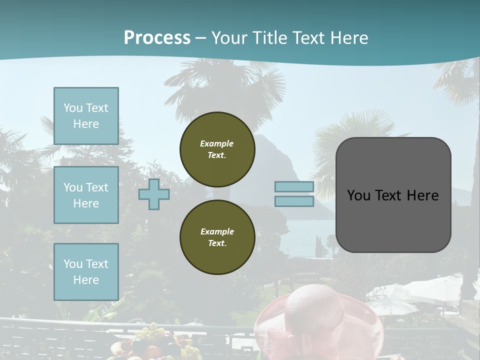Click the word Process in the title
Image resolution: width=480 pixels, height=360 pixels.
click(157, 38)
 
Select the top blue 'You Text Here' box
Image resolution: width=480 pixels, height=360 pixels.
click(86, 116)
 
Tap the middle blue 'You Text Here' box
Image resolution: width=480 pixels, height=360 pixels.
click(86, 195)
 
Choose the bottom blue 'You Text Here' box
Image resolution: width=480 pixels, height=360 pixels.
click(86, 271)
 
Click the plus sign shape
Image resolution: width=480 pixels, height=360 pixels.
click(154, 194)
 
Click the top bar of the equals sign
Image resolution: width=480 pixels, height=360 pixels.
click(294, 186)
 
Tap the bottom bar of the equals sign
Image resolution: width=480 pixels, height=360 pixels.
click(294, 201)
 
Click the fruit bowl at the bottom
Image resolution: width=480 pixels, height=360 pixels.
click(150, 345)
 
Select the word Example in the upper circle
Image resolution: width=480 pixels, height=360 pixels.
click(217, 143)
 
